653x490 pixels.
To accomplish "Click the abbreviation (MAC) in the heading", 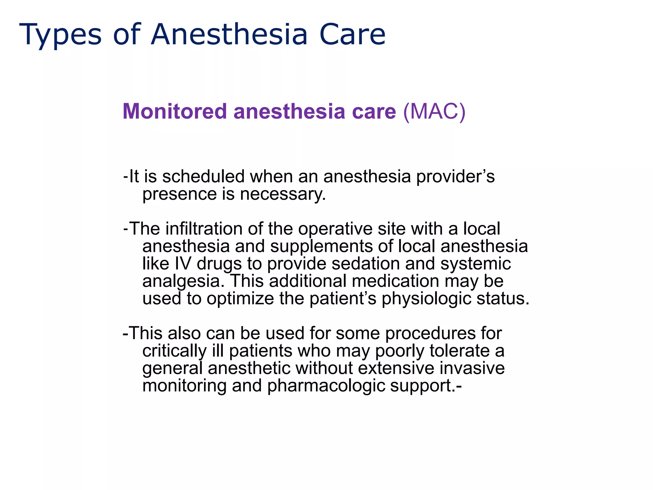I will tap(434, 111).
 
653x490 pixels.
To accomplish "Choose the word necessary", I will tap(283, 194).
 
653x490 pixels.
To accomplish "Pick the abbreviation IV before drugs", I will tap(183, 264).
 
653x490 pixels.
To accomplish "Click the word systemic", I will tap(475, 264).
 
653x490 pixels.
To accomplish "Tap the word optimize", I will tap(240, 299).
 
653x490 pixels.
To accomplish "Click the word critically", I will tap(174, 351).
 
